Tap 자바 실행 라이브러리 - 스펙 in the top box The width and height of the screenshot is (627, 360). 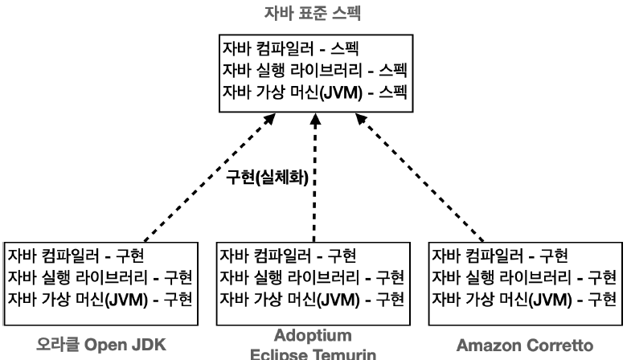(x=313, y=71)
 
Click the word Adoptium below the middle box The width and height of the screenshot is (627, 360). (x=312, y=336)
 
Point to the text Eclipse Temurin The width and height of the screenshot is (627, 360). (x=312, y=354)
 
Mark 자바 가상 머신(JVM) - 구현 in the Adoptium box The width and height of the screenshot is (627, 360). (x=313, y=300)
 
